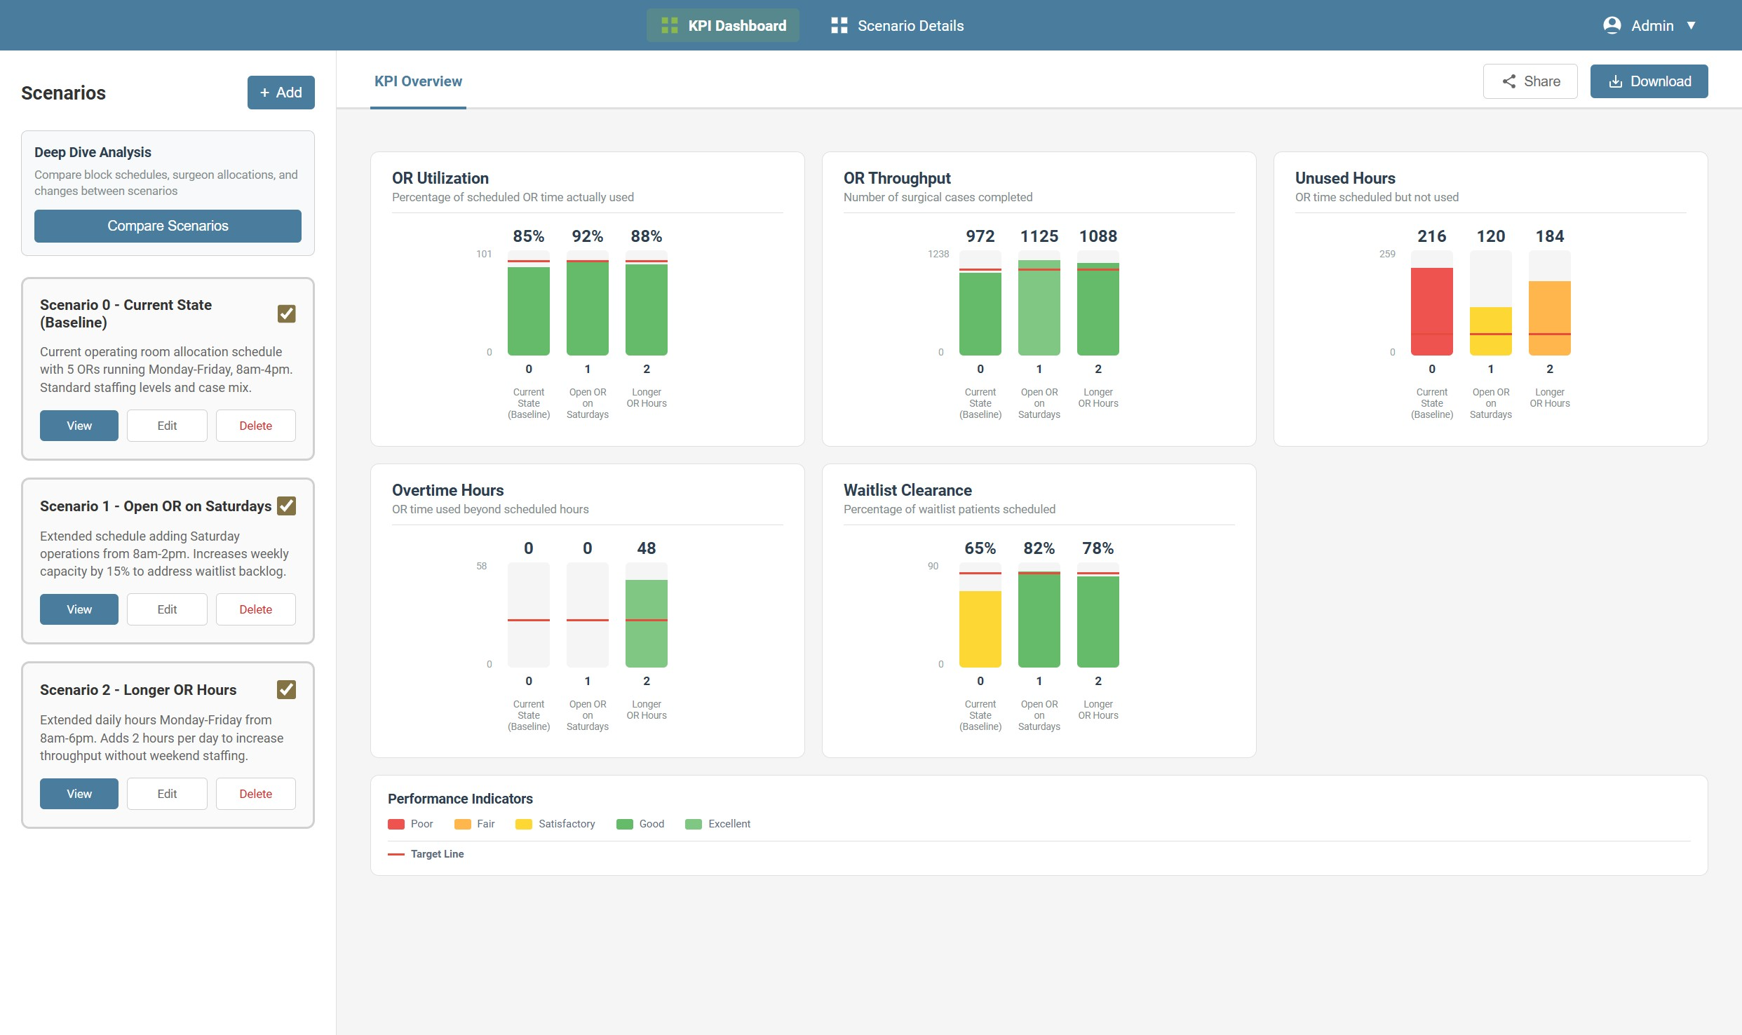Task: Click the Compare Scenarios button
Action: (x=168, y=226)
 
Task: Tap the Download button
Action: (x=1648, y=81)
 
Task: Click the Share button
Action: (x=1530, y=81)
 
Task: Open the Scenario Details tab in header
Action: (x=897, y=26)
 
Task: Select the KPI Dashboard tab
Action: (x=722, y=26)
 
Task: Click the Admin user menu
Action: (x=1649, y=26)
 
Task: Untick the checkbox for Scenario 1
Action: (x=286, y=506)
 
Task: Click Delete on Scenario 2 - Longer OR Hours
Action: (x=255, y=794)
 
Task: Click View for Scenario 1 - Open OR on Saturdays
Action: (x=79, y=609)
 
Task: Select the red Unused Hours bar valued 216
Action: (x=1431, y=311)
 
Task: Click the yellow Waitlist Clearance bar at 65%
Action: (x=980, y=629)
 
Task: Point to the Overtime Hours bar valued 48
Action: (x=646, y=623)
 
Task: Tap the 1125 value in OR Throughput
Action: (x=1039, y=236)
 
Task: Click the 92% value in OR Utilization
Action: (x=587, y=236)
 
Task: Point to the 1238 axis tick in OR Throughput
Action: (x=938, y=254)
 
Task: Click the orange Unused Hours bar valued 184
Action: (x=1549, y=318)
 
